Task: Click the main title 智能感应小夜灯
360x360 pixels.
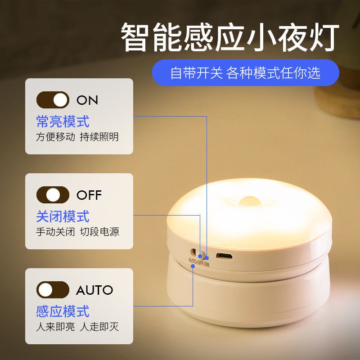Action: pyautogui.click(x=229, y=38)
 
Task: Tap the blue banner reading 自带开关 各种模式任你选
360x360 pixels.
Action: pyautogui.click(x=245, y=73)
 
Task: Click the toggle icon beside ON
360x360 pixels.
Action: pyautogui.click(x=53, y=100)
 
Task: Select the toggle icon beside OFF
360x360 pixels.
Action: pyautogui.click(x=53, y=195)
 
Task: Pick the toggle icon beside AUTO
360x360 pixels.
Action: pyautogui.click(x=53, y=290)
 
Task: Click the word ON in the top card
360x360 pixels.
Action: pyautogui.click(x=87, y=100)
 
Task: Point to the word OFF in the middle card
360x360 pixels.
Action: pyautogui.click(x=89, y=195)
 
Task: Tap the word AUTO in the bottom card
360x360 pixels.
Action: pyautogui.click(x=94, y=290)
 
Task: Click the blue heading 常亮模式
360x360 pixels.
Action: pyautogui.click(x=63, y=121)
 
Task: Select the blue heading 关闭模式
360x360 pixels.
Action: pyautogui.click(x=63, y=216)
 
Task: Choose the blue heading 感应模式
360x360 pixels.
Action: pyautogui.click(x=63, y=311)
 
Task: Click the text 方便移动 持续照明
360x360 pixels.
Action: pyautogui.click(x=77, y=137)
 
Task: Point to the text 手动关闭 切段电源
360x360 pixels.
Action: pyautogui.click(x=77, y=232)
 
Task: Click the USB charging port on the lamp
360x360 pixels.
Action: pyautogui.click(x=224, y=256)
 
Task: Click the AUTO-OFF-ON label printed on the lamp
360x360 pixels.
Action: pyautogui.click(x=198, y=263)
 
